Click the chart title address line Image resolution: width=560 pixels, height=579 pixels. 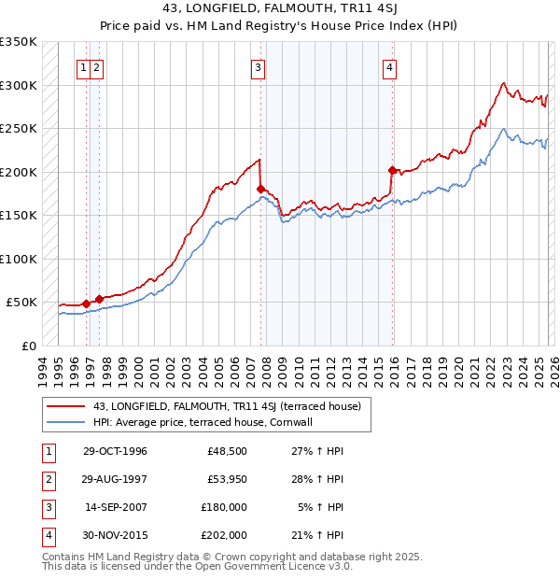[279, 8]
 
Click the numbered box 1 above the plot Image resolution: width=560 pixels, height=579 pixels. [84, 66]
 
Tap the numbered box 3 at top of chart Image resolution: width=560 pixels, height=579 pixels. [258, 66]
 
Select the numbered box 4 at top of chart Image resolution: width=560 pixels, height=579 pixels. [388, 66]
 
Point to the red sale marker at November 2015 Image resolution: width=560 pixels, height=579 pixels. [392, 170]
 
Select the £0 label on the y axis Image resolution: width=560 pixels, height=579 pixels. [28, 346]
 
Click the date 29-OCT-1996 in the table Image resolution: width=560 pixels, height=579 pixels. [115, 451]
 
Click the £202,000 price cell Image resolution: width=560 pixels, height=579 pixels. [225, 535]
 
